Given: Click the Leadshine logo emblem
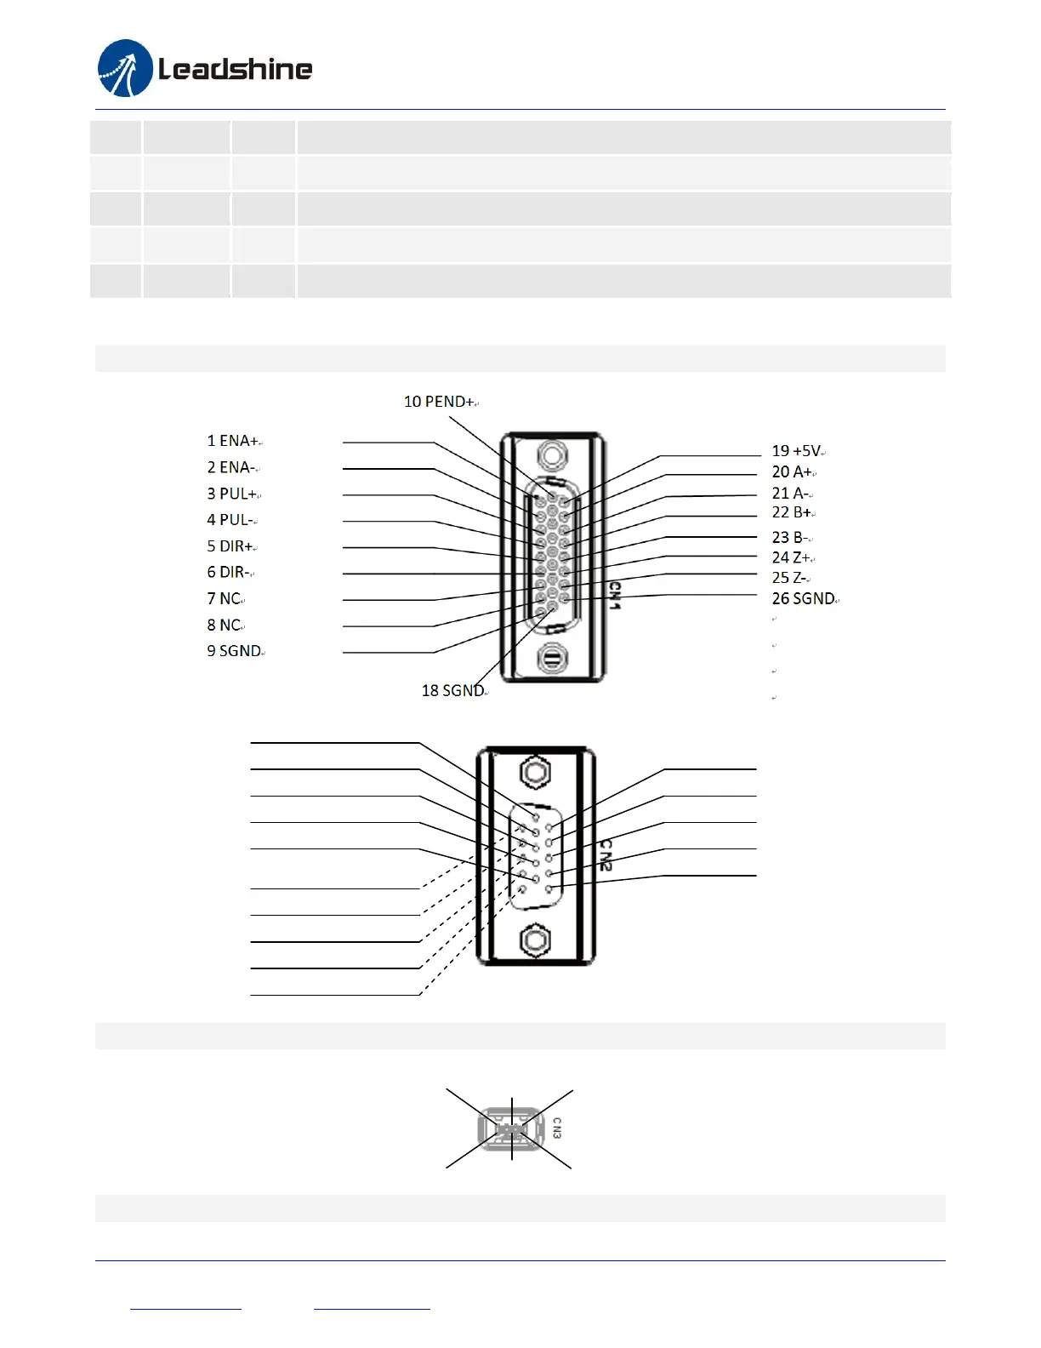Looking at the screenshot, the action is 125,68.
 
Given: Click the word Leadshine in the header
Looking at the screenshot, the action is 236,69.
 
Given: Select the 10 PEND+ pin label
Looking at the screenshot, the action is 439,402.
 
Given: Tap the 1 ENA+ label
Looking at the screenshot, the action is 232,441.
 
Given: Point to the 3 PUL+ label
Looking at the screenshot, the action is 232,494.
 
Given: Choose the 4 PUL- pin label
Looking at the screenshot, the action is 230,520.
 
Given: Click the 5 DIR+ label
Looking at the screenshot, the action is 230,546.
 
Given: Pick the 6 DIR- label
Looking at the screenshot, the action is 229,573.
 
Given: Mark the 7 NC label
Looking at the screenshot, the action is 225,599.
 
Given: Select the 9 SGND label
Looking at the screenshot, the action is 234,651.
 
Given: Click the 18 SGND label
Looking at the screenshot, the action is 452,691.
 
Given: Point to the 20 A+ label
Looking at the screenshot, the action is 792,471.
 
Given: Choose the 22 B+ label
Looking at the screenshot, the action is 792,512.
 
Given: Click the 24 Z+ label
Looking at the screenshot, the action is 791,557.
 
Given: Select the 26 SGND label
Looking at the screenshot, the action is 803,599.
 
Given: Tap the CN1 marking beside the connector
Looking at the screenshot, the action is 615,595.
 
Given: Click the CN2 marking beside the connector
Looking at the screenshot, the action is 606,854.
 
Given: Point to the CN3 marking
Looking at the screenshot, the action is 557,1128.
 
